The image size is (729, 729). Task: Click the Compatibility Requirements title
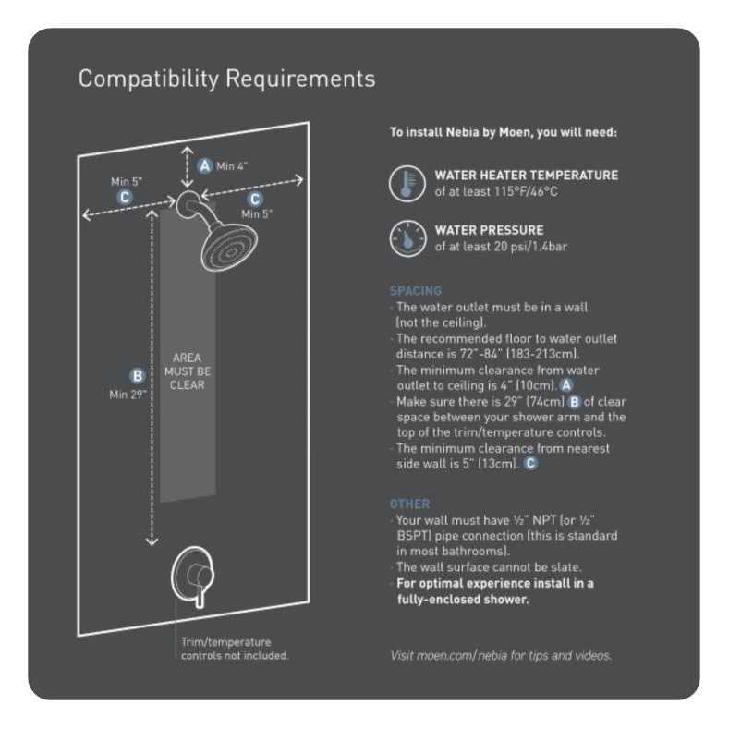[226, 79]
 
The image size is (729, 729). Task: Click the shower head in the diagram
[228, 244]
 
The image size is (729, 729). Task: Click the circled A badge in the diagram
[205, 165]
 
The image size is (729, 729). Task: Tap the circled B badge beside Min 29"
[138, 375]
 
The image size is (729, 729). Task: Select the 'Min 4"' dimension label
[232, 166]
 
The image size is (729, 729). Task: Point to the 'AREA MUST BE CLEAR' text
[187, 371]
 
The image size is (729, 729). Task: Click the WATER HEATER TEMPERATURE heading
[526, 175]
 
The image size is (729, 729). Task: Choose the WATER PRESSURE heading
[489, 230]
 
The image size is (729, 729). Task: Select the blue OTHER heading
[409, 504]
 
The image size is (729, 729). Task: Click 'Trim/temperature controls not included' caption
[235, 649]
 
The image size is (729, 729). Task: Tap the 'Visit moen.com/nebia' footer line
[500, 655]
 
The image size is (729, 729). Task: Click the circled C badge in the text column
[530, 464]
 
